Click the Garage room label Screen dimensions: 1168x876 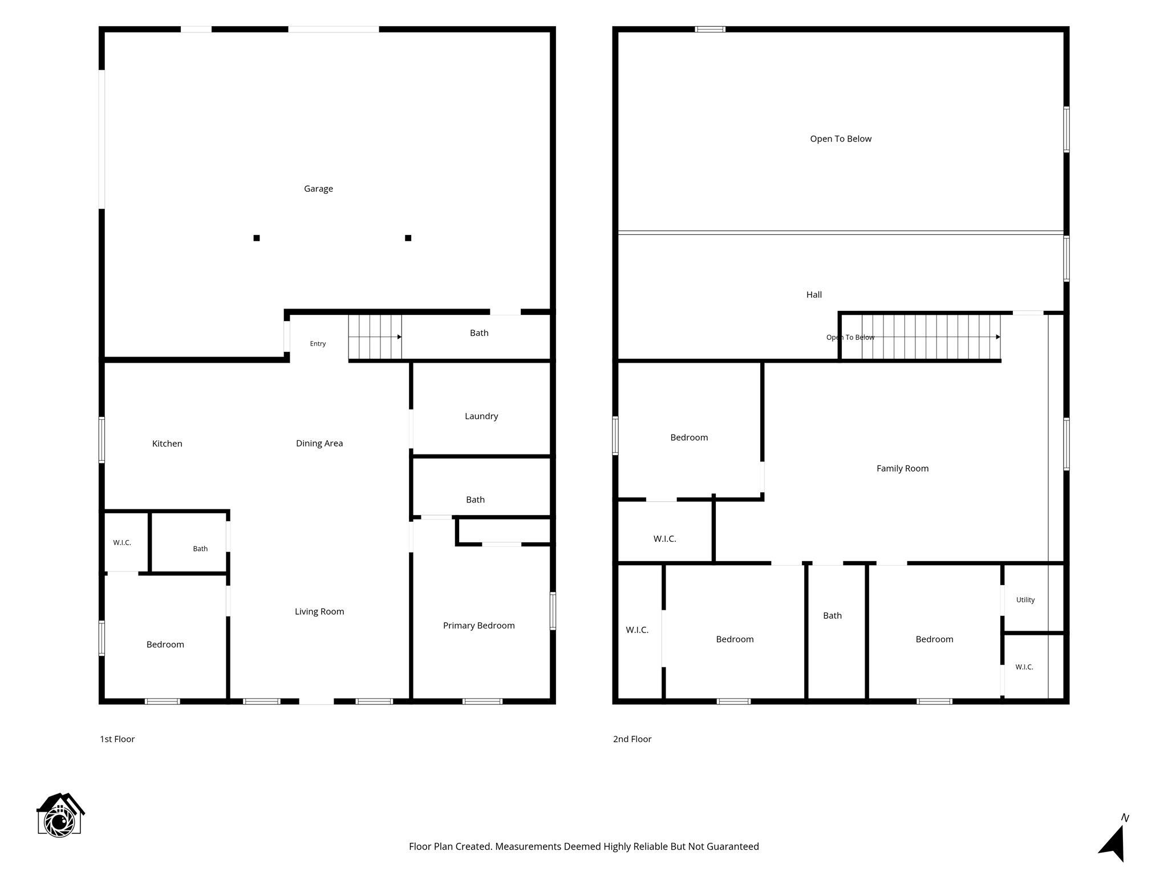(x=318, y=189)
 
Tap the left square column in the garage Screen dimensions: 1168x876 (x=257, y=238)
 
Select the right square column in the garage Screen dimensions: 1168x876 (x=408, y=238)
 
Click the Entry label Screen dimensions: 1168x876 (x=318, y=343)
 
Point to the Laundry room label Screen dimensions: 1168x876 (x=481, y=416)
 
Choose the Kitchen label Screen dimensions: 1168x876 (x=167, y=443)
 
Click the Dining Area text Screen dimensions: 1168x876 (x=319, y=443)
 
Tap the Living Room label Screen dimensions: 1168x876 (x=319, y=611)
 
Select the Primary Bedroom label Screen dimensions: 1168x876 (x=479, y=626)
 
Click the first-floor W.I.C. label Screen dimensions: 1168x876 (x=122, y=542)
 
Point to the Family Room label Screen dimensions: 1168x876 (x=902, y=468)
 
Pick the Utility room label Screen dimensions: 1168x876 (x=1025, y=600)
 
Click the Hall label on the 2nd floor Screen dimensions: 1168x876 (x=814, y=294)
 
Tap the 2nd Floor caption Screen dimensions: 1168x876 (x=632, y=739)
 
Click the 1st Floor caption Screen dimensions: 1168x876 (x=117, y=739)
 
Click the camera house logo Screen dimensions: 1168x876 (x=60, y=815)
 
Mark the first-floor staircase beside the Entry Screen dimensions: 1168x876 (x=375, y=337)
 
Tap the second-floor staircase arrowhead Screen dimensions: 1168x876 (x=998, y=337)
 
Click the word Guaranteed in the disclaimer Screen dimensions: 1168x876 (x=732, y=847)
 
